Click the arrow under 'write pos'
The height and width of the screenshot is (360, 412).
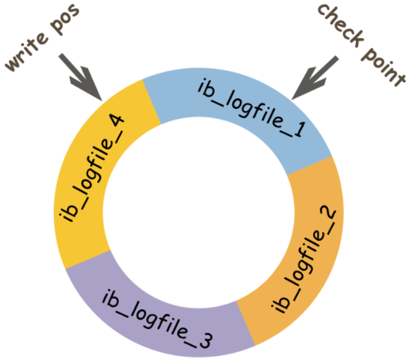pyautogui.click(x=80, y=77)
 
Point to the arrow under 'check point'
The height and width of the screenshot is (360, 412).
pyautogui.click(x=315, y=77)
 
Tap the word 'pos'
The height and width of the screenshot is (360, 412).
pyautogui.click(x=64, y=19)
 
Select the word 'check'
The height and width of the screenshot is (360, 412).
pyautogui.click(x=341, y=25)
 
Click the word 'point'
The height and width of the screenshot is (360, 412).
pyautogui.click(x=383, y=66)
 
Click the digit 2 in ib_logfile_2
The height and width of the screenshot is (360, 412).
pyautogui.click(x=328, y=213)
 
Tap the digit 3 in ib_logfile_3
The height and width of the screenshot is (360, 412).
pyautogui.click(x=205, y=340)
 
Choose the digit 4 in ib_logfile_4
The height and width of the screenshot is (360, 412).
pyautogui.click(x=116, y=122)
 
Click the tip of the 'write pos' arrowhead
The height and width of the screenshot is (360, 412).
pyautogui.click(x=102, y=101)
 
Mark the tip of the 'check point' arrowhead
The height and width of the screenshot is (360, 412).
pyautogui.click(x=291, y=100)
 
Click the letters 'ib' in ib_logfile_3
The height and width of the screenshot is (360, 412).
pyautogui.click(x=110, y=298)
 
